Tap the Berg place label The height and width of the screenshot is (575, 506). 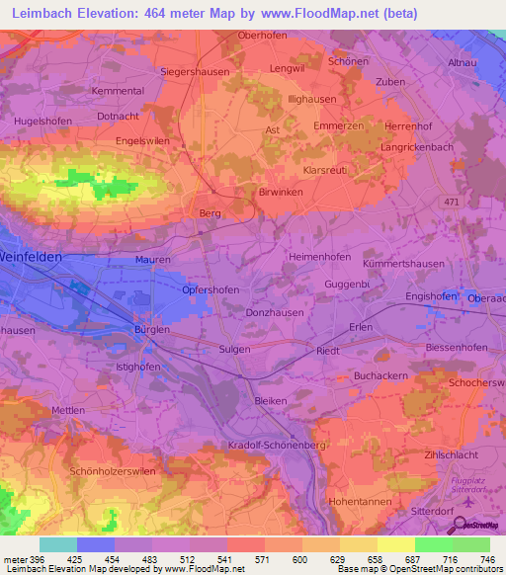210,213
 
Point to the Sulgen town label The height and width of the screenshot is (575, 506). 234,350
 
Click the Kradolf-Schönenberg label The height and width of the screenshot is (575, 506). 276,447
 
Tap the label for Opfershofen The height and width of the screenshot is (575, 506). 212,290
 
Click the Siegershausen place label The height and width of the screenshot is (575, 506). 195,72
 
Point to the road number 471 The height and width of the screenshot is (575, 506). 452,203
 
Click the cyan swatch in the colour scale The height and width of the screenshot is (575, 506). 58,544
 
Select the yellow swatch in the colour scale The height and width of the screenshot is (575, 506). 395,544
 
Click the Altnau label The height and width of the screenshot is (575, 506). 463,62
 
